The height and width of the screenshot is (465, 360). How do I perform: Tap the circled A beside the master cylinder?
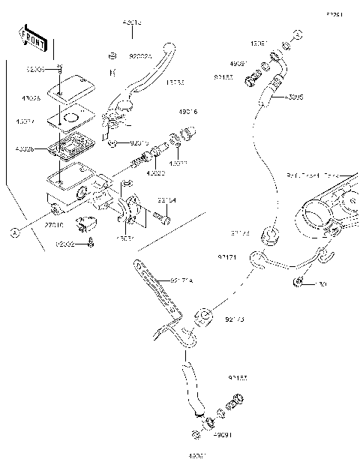13,233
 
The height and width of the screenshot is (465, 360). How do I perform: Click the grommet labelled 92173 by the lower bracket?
202,315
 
